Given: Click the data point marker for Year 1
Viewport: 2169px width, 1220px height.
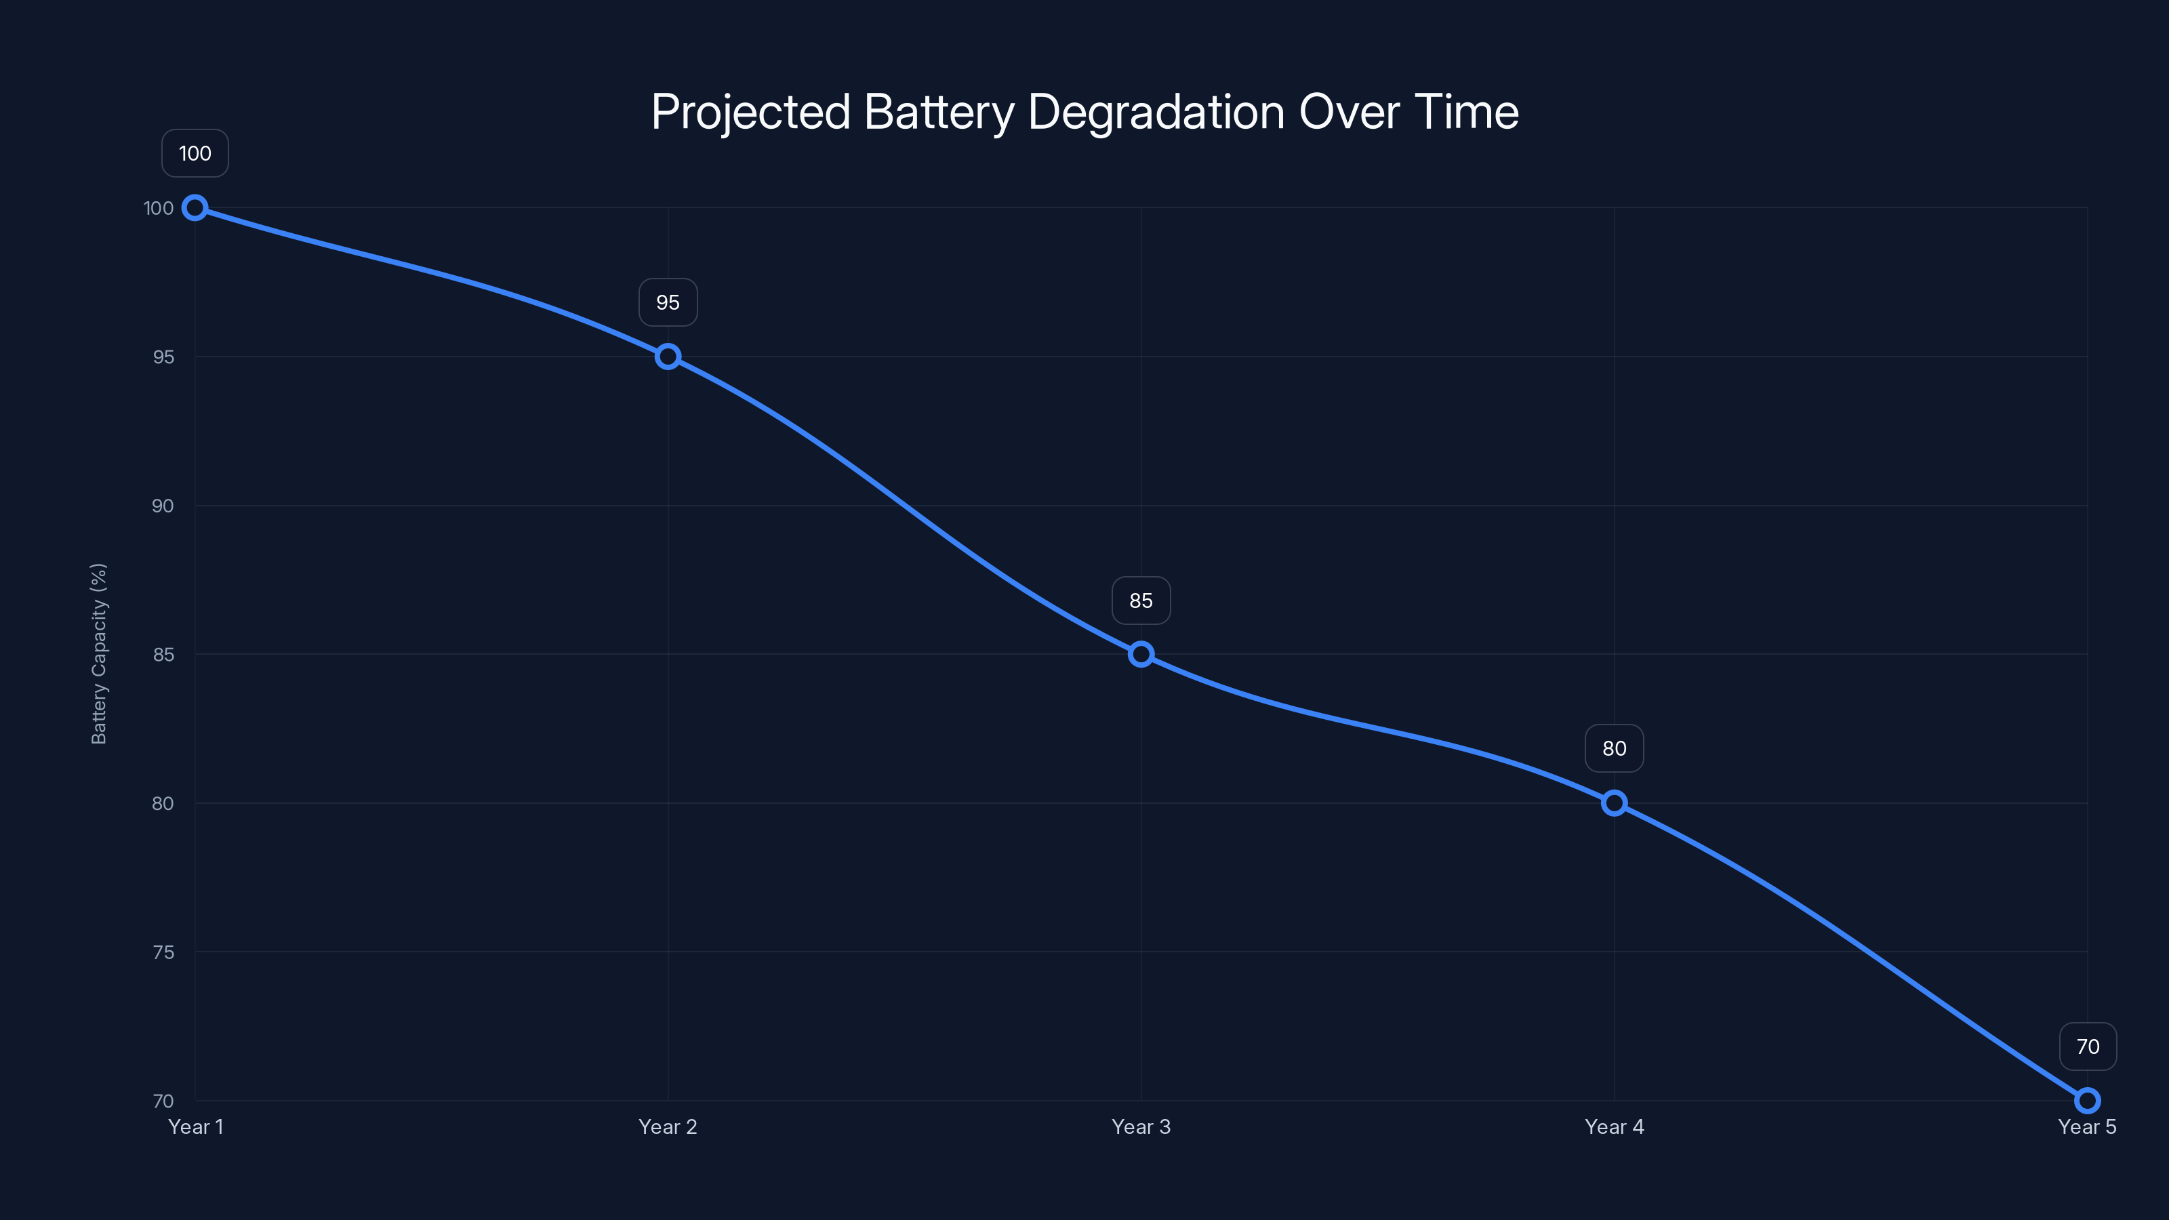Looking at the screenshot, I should click(x=195, y=207).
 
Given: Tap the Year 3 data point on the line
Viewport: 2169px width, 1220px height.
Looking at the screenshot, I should click(x=1141, y=654).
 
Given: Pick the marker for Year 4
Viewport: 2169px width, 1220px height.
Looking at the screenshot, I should click(x=1614, y=802).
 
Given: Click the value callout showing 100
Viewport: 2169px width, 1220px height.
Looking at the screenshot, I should click(x=195, y=153).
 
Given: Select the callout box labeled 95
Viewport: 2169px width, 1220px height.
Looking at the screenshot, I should click(x=668, y=302).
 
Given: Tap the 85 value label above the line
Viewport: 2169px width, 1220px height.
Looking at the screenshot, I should click(x=1141, y=601).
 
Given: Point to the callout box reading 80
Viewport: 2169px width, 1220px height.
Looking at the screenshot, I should click(x=1614, y=748).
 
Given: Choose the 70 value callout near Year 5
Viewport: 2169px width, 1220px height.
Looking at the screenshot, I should click(x=2088, y=1046).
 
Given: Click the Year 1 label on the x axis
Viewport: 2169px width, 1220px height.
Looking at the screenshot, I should click(x=195, y=1126).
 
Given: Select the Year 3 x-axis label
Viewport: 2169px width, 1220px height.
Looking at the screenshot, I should click(x=1141, y=1126).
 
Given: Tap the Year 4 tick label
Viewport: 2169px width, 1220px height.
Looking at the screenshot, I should click(x=1614, y=1126).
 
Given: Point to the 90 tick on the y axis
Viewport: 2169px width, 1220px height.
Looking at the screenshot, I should click(x=163, y=506).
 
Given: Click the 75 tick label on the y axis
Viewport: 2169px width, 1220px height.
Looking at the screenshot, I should click(x=163, y=952).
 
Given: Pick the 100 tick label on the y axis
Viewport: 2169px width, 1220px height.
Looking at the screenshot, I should click(x=159, y=208).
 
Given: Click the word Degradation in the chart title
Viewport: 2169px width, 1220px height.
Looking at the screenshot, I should click(x=1156, y=112).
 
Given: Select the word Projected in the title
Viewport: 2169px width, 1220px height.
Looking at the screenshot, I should click(x=750, y=112).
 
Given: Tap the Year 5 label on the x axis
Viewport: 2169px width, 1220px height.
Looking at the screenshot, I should click(x=2086, y=1126).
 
